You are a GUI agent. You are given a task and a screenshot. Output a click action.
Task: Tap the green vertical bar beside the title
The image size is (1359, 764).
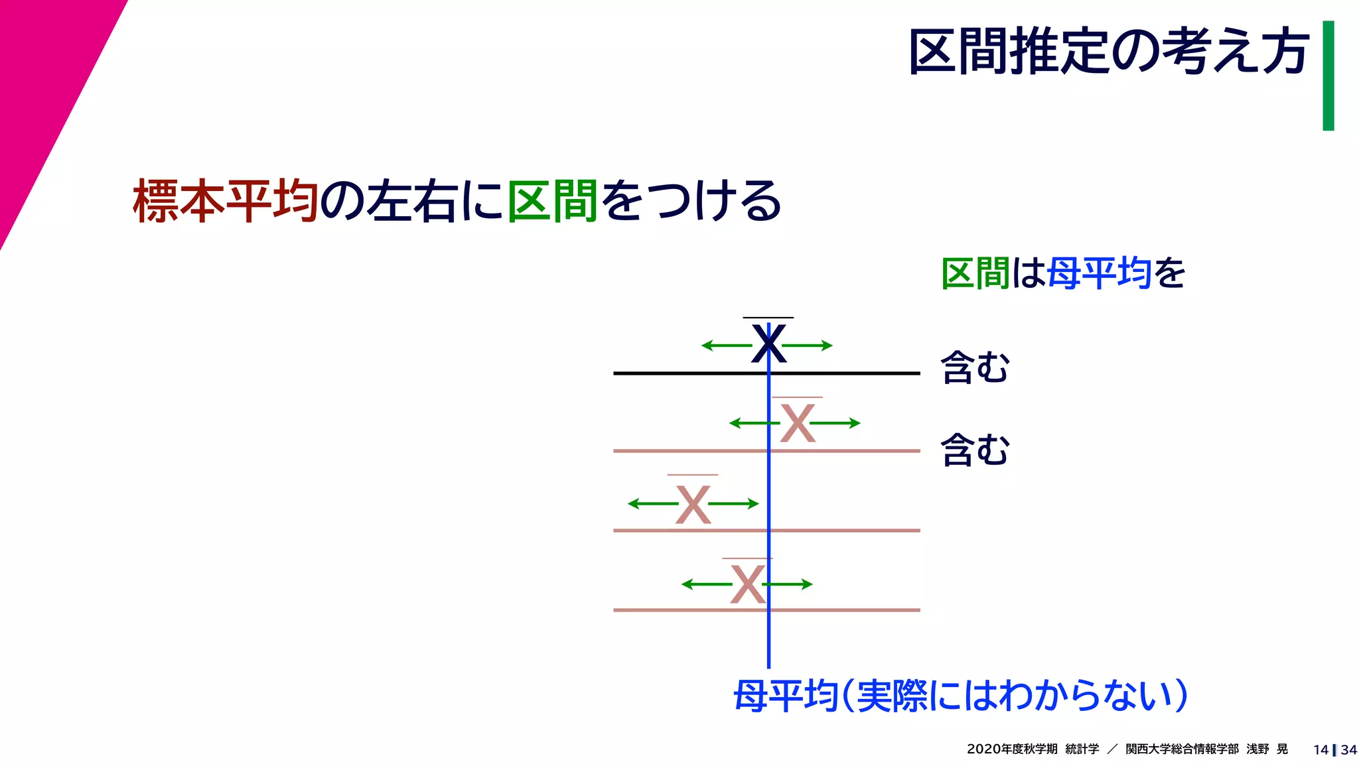click(x=1328, y=76)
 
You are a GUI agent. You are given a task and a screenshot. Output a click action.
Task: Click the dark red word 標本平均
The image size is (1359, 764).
click(x=226, y=200)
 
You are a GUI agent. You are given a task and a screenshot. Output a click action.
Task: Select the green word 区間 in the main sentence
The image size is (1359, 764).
click(x=553, y=200)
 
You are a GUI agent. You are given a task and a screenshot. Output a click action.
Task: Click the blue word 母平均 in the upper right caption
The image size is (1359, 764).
click(x=1099, y=273)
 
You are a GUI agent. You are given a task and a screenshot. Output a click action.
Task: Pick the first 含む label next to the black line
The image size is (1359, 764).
click(x=975, y=367)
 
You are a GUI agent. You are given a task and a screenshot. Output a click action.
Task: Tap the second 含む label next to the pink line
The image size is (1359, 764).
click(x=975, y=450)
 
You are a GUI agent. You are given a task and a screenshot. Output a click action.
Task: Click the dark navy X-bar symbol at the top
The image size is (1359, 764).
click(x=768, y=344)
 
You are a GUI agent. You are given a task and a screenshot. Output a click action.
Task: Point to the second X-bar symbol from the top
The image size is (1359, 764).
click(x=797, y=423)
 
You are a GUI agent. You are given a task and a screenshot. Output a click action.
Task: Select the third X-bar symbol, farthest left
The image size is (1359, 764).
click(x=693, y=504)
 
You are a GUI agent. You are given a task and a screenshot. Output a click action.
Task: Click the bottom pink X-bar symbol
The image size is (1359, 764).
click(x=747, y=584)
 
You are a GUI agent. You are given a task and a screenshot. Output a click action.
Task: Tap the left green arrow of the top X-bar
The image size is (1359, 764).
click(x=726, y=346)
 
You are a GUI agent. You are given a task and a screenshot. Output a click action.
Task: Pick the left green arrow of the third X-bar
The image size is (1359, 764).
click(x=652, y=504)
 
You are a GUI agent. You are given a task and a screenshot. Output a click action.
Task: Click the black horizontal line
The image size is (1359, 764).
click(x=664, y=373)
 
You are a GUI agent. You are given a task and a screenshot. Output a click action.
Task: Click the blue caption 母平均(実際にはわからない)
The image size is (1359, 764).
click(x=960, y=696)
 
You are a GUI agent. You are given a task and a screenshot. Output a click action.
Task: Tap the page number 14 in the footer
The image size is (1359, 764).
click(x=1320, y=750)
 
